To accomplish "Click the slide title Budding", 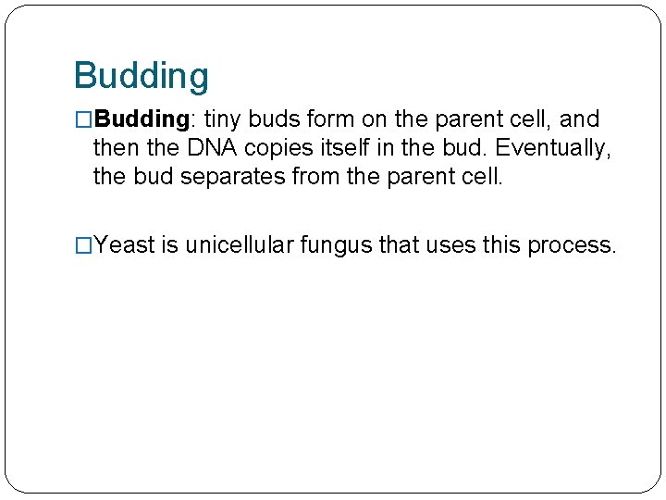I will tap(141, 76).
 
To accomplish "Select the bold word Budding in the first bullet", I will tap(142, 119).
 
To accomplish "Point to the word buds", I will tap(277, 119).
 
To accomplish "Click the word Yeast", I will tap(125, 245).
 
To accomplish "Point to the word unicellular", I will tap(238, 245).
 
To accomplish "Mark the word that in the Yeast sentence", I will tap(399, 245).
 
